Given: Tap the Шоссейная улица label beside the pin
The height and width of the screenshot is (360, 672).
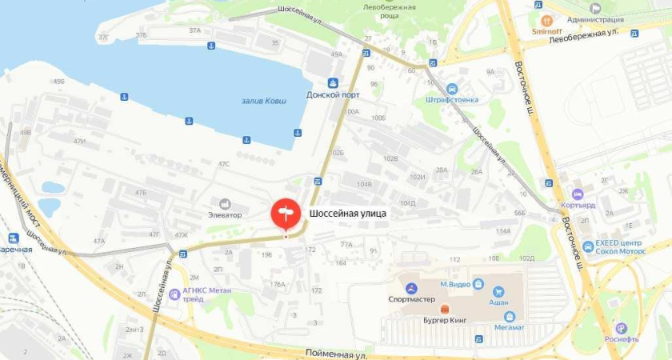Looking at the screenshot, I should [x=348, y=214].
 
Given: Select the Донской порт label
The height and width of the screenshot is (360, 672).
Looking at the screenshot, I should [x=333, y=94].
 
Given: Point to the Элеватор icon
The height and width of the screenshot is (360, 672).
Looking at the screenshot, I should [x=224, y=204].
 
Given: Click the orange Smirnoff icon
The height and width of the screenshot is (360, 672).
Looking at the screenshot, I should [x=547, y=20].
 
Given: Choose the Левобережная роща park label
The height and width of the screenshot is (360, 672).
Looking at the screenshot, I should [x=390, y=11].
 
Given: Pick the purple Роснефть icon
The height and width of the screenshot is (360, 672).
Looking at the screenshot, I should [x=621, y=328].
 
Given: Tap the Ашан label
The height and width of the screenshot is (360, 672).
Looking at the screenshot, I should [x=499, y=302].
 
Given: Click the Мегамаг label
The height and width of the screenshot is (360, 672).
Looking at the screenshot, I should [x=509, y=326].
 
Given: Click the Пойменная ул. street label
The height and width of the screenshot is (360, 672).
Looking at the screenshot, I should [x=336, y=353].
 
